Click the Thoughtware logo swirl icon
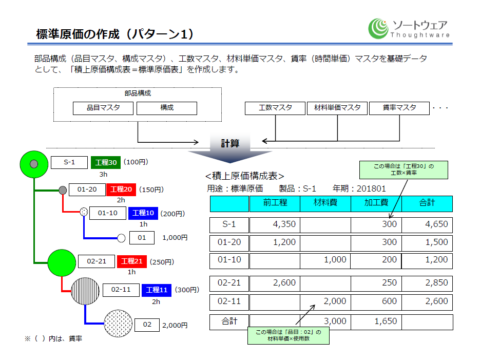[378, 28]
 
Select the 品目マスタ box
[103, 108]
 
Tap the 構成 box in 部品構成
[167, 108]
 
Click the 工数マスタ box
[275, 108]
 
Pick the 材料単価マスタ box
[337, 108]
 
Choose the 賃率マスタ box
[399, 108]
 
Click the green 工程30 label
[106, 163]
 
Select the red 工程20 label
[121, 190]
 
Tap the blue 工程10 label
[143, 213]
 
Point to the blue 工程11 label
[157, 290]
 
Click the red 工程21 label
[132, 261]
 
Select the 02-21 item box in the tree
[96, 261]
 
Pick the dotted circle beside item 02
[118, 323]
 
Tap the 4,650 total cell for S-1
[427, 224]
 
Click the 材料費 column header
[325, 203]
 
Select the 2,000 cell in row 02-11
[325, 301]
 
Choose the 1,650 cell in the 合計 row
[376, 321]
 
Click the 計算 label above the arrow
[230, 143]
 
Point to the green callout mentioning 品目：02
[288, 335]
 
